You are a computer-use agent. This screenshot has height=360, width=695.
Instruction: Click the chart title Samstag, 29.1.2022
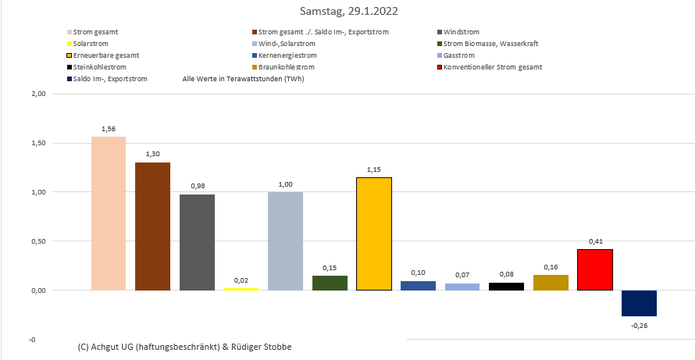pyautogui.click(x=347, y=12)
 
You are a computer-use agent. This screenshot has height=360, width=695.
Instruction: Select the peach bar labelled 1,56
pyautogui.click(x=109, y=213)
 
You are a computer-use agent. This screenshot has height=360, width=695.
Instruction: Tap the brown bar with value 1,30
pyautogui.click(x=152, y=226)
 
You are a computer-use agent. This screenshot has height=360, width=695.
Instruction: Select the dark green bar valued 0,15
pyautogui.click(x=330, y=283)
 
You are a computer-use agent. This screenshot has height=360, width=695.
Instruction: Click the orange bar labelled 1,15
pyautogui.click(x=374, y=234)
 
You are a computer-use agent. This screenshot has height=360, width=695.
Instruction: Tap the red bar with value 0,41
pyautogui.click(x=595, y=270)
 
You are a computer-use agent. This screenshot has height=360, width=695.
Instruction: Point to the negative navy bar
pyautogui.click(x=639, y=303)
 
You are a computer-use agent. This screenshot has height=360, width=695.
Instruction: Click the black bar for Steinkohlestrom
pyautogui.click(x=507, y=287)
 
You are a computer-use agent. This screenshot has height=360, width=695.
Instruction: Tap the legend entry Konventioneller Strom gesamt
pyautogui.click(x=493, y=67)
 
